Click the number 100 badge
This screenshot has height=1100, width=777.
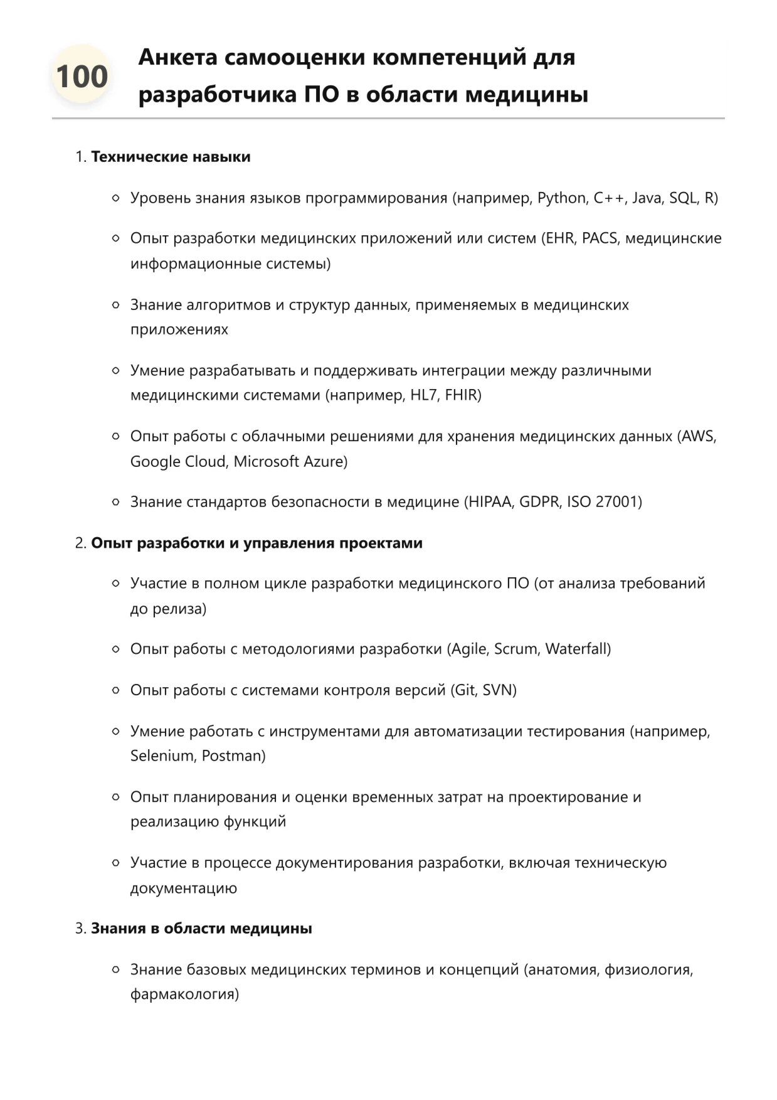(x=82, y=77)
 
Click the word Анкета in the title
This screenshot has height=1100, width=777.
(x=177, y=57)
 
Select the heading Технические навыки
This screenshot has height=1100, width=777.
(x=171, y=157)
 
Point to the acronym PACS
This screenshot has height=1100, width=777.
(x=600, y=238)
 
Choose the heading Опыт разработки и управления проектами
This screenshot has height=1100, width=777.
(x=256, y=543)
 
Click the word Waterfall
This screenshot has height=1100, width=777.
(x=576, y=649)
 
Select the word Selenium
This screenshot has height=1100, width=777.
(x=162, y=756)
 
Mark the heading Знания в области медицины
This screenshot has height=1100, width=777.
(x=201, y=929)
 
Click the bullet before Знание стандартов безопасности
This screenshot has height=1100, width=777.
(x=115, y=502)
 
